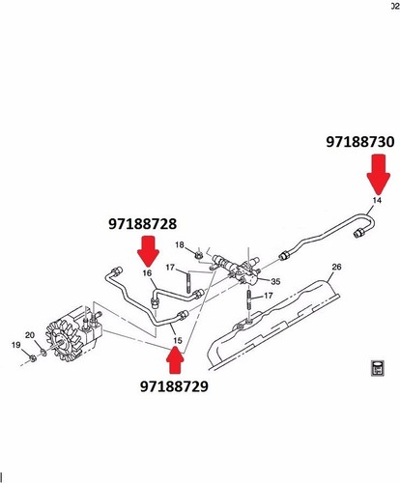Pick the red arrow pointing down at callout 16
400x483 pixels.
[x=148, y=253]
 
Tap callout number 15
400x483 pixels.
[x=176, y=341]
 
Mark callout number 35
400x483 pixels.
[x=275, y=282]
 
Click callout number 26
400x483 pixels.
[x=336, y=267]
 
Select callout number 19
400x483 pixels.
[x=15, y=344]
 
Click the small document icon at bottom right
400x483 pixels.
[x=377, y=368]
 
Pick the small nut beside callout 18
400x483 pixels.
[x=197, y=255]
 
